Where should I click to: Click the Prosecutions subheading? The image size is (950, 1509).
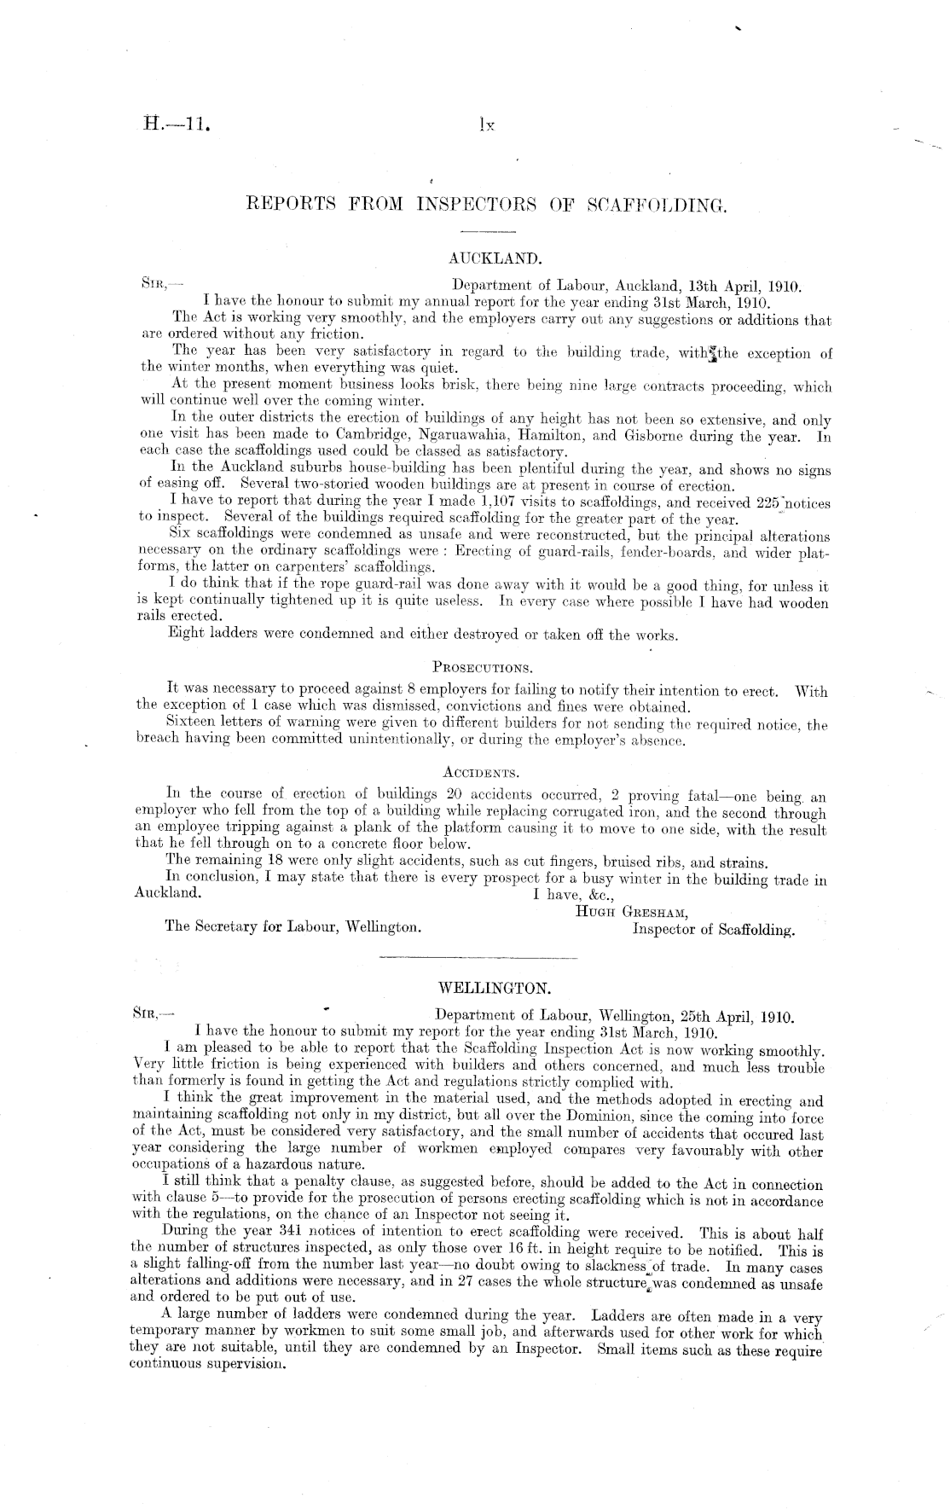pyautogui.click(x=483, y=665)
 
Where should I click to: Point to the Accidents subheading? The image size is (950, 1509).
pyautogui.click(x=482, y=773)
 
